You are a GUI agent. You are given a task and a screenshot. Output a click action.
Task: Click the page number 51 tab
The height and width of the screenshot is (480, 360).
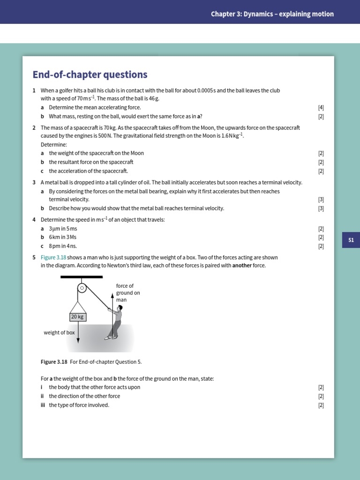point(351,240)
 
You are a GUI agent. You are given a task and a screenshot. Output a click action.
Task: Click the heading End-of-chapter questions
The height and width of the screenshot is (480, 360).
point(90,75)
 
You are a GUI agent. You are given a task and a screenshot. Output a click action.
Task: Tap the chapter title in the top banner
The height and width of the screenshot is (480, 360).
point(272,14)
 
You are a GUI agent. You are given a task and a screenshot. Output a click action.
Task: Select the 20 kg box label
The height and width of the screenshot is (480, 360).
point(77,317)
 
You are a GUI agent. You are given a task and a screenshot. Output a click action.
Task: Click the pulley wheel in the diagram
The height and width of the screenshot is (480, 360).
point(82,288)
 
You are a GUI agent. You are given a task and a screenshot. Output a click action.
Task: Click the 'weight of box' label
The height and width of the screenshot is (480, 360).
point(59,333)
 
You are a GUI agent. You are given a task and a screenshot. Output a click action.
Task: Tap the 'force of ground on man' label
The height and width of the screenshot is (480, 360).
point(128,293)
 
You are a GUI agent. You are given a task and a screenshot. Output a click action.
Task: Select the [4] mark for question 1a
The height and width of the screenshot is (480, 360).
point(321,107)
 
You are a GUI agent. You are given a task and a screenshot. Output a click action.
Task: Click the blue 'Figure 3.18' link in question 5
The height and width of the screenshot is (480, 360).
point(54,257)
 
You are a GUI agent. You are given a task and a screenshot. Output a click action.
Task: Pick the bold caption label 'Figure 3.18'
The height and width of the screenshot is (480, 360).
point(54,362)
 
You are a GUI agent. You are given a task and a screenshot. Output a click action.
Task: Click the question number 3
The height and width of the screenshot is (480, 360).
point(34,182)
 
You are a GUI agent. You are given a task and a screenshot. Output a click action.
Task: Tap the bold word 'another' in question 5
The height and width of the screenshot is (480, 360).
point(242,265)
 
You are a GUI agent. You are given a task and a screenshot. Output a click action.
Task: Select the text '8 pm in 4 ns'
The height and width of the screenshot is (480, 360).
point(63,246)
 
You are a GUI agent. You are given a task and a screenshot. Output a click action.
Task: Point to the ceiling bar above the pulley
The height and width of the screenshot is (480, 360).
point(82,277)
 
